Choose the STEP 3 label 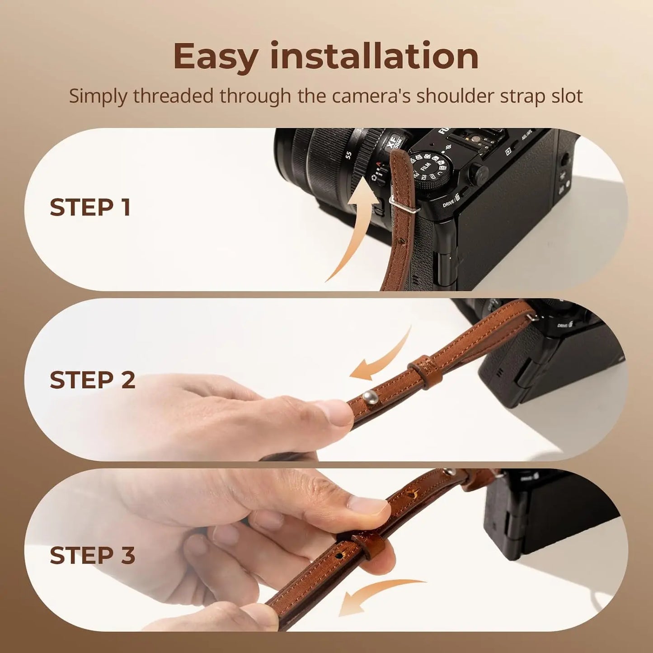pos(93,555)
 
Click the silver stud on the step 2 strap pos(367,395)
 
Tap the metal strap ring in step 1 pos(404,204)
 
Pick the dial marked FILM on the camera pos(428,172)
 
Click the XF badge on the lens pos(394,144)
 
